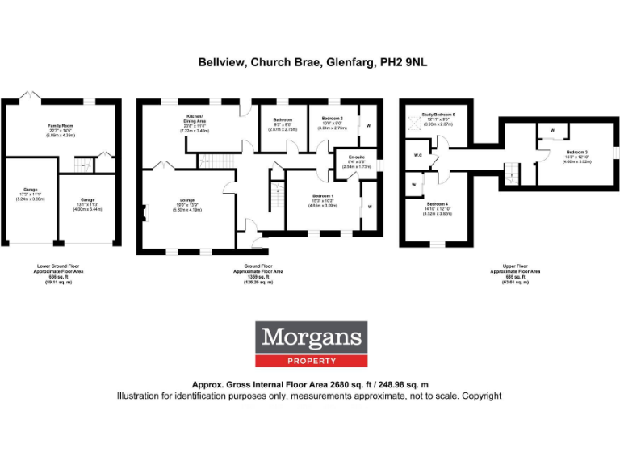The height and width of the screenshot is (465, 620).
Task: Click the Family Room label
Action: [61, 126]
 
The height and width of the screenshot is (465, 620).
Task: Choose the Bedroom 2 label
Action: [333, 119]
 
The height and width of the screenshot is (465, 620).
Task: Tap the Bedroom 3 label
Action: [576, 152]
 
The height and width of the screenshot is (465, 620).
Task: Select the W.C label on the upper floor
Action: [418, 155]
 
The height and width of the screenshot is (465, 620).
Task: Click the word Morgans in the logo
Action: [312, 337]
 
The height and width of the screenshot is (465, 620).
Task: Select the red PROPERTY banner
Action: [312, 361]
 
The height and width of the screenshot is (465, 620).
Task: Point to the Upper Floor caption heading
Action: [514, 265]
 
